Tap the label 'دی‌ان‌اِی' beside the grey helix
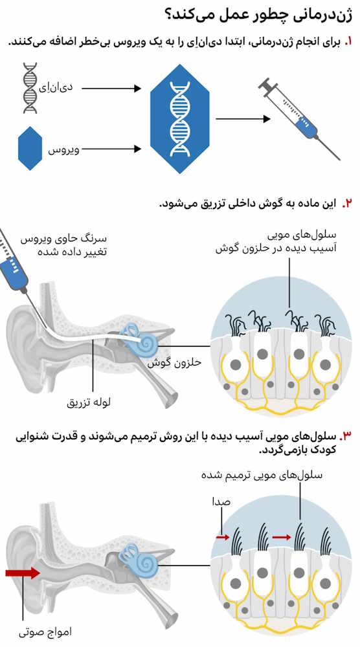[x=59, y=87]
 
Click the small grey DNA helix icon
[x=29, y=88]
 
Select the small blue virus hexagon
[x=30, y=149]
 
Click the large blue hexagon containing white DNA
[x=180, y=119]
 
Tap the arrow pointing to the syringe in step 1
[x=243, y=119]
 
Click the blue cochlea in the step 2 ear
[x=142, y=339]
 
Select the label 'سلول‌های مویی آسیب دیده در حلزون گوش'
[x=276, y=243]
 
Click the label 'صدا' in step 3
[x=221, y=502]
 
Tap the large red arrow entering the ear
[x=23, y=573]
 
